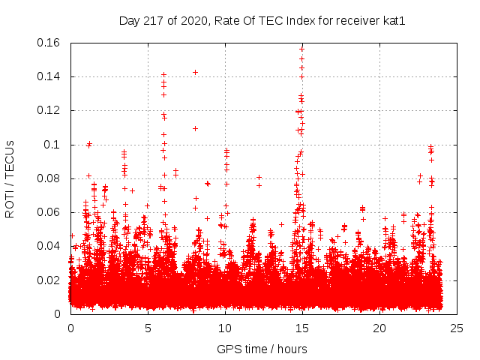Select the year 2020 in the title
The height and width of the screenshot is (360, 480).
(x=189, y=21)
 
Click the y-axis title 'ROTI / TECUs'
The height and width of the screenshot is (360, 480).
(x=10, y=178)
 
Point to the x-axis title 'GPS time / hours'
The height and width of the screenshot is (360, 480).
(x=262, y=349)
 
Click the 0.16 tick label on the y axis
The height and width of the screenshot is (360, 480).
(x=49, y=43)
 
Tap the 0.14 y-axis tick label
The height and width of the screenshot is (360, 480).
(x=49, y=76)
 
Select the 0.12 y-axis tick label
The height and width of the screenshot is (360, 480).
(x=49, y=110)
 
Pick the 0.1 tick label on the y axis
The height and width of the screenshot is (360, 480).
(x=52, y=145)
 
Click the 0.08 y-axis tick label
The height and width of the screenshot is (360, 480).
(x=49, y=178)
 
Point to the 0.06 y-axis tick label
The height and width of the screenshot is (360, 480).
(x=49, y=212)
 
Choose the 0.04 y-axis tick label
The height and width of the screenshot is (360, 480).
(x=49, y=246)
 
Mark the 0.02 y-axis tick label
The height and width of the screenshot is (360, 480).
(x=49, y=280)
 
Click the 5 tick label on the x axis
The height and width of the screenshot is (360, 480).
(x=148, y=328)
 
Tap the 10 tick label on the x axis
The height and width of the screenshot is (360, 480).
(x=225, y=328)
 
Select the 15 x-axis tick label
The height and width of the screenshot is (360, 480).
(x=302, y=328)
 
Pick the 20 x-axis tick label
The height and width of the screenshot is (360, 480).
(x=379, y=328)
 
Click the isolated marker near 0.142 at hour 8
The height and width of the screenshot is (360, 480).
(x=196, y=72)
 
